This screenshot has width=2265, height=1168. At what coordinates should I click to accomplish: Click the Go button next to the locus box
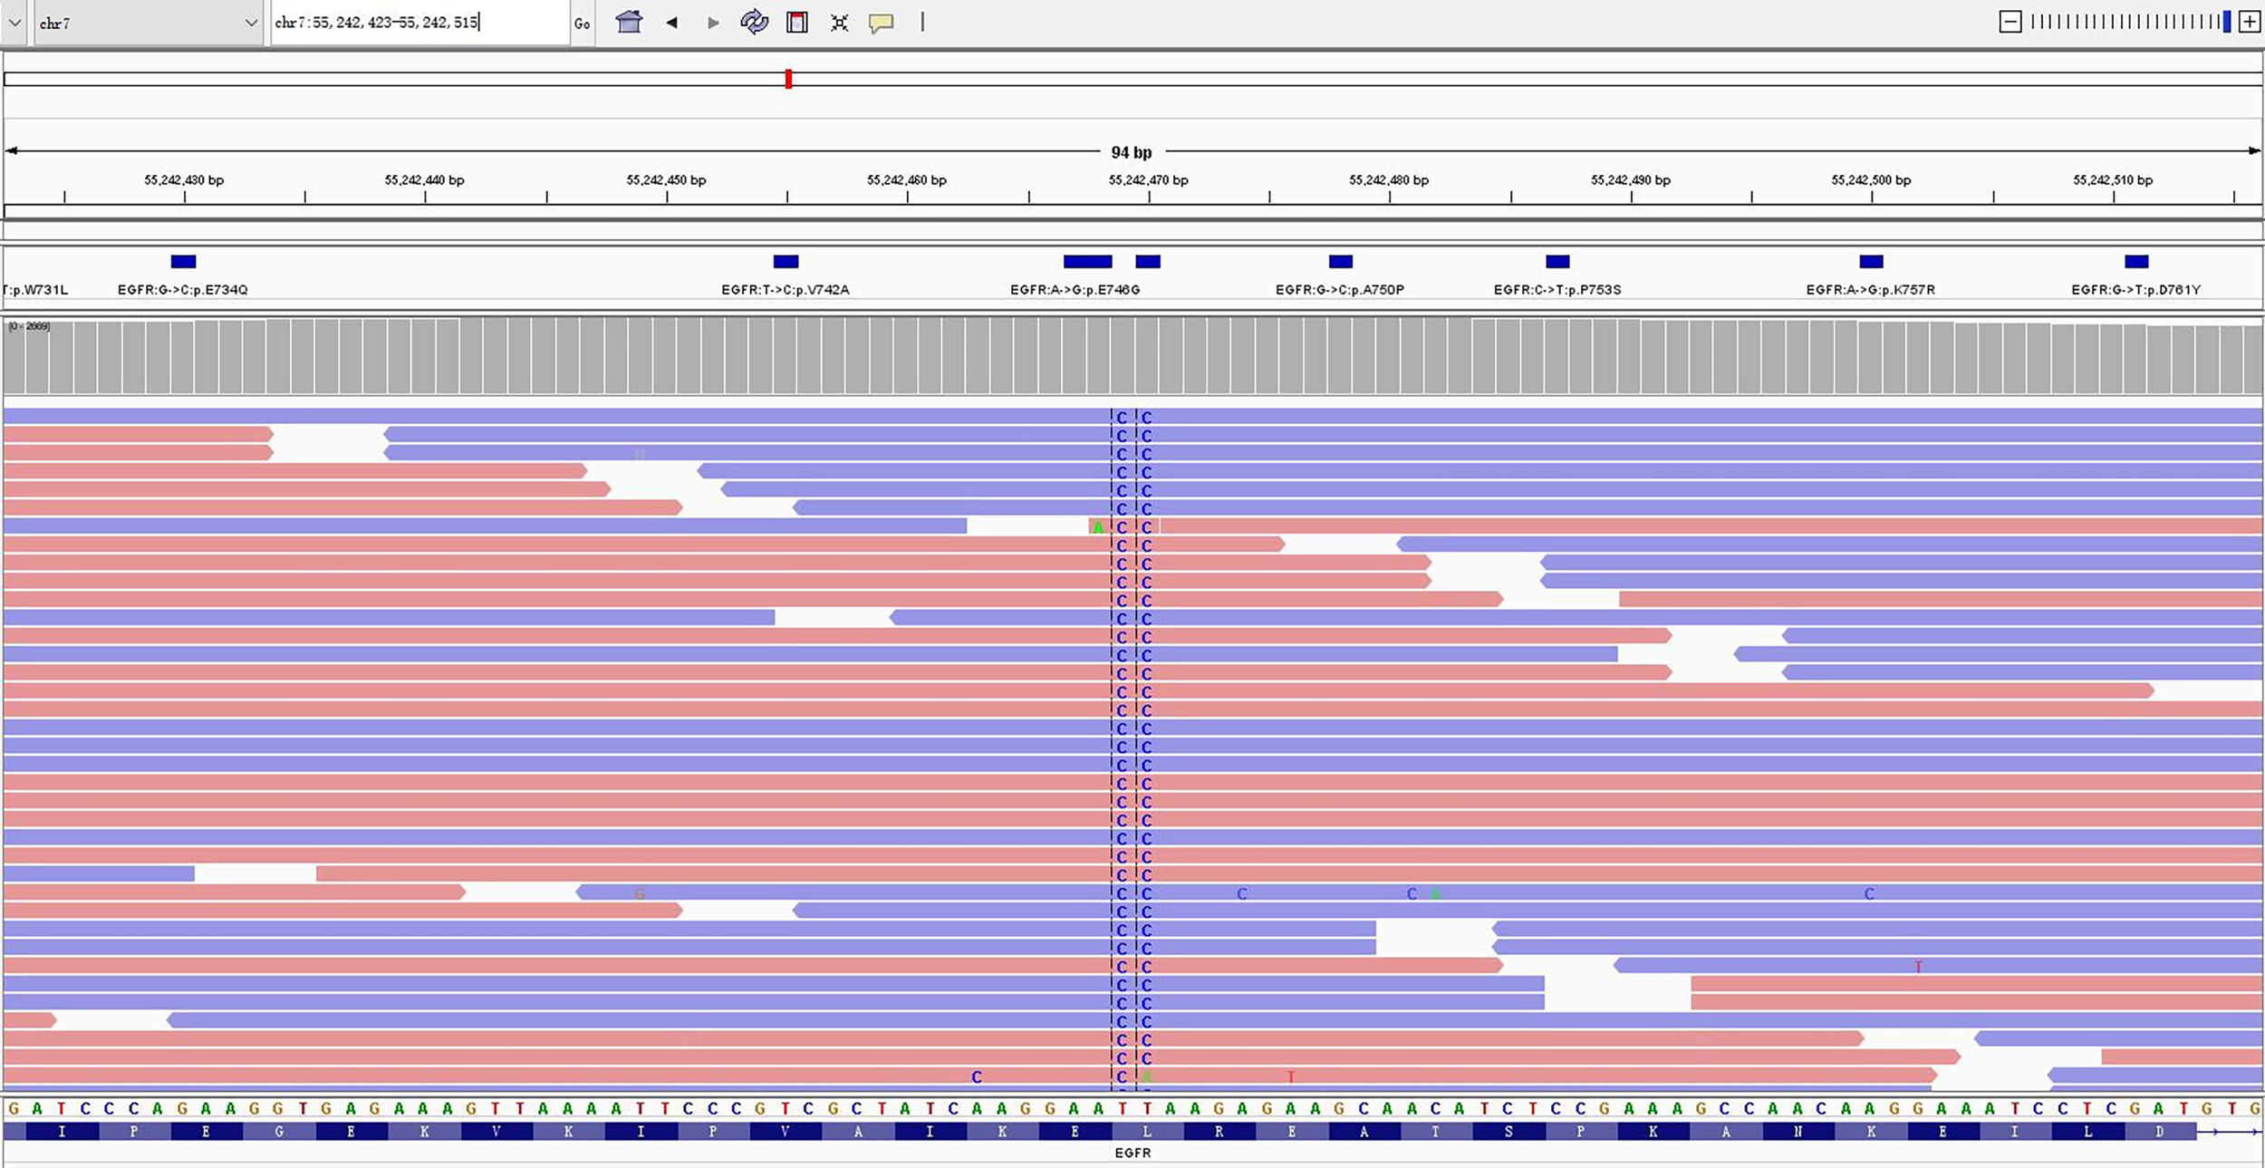(582, 24)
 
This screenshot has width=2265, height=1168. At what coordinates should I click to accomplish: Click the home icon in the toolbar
(629, 22)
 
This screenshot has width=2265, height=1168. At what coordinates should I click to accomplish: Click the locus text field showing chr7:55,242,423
(419, 23)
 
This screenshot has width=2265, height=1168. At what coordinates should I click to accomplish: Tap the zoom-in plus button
(2250, 23)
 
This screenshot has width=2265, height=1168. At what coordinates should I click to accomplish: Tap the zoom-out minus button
(2010, 23)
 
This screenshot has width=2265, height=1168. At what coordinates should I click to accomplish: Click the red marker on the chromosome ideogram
(788, 79)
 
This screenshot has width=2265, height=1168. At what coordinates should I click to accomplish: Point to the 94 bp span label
(1131, 152)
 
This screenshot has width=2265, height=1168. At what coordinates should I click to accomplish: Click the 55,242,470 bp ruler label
(1148, 180)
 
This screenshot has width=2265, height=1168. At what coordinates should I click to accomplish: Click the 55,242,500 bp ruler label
(1871, 180)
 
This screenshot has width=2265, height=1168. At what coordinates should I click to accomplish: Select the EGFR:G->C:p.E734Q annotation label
(182, 290)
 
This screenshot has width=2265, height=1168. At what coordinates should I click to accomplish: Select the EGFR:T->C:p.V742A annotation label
(785, 290)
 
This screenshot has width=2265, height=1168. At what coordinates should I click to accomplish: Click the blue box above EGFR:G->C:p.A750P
(1340, 262)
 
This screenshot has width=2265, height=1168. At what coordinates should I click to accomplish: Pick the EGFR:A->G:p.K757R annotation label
(1870, 290)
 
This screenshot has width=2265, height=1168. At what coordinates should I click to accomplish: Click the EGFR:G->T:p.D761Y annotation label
(2135, 290)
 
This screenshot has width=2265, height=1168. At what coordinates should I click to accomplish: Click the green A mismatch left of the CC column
(1098, 527)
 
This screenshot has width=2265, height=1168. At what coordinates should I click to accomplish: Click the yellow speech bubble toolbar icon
(881, 23)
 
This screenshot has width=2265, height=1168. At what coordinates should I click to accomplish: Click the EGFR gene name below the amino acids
(1132, 1153)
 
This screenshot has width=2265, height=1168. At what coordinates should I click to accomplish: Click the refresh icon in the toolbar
(754, 22)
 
